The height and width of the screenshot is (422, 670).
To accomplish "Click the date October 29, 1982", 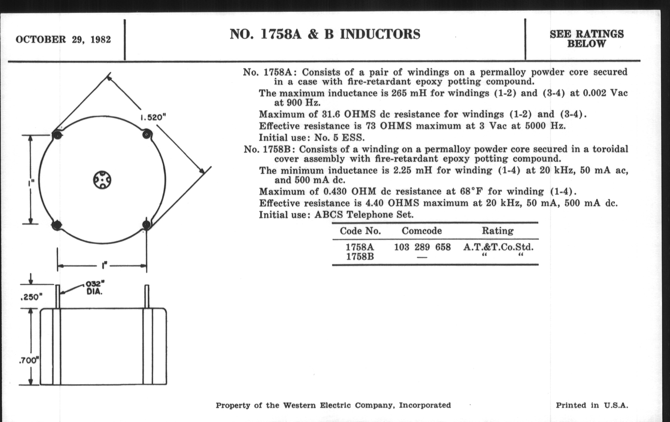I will (x=63, y=39).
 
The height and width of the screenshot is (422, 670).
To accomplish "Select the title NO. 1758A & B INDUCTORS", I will (x=325, y=34).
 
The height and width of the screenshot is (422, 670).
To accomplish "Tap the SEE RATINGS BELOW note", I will (x=587, y=39).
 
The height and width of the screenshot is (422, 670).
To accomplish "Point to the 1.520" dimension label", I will (x=153, y=117).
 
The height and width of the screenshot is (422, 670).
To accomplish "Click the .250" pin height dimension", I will (x=31, y=297).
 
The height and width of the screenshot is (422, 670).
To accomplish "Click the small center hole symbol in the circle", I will (x=102, y=180).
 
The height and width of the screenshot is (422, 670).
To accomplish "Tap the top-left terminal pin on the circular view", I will (x=57, y=135).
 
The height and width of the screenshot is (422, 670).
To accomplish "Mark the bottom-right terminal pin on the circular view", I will (x=146, y=225).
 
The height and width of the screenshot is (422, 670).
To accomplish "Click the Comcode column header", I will (x=422, y=231).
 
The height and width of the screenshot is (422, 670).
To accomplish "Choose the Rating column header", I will (x=498, y=231).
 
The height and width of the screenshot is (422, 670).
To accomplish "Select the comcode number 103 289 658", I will (x=422, y=247).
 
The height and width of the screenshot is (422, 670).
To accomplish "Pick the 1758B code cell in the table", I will (x=360, y=257).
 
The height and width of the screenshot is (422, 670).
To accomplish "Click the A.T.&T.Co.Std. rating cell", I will (x=498, y=247).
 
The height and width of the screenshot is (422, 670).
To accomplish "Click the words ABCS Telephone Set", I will (x=364, y=215).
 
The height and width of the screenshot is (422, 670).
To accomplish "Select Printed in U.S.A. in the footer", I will (x=592, y=405).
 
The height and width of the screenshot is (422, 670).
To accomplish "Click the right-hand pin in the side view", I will (x=147, y=297).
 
